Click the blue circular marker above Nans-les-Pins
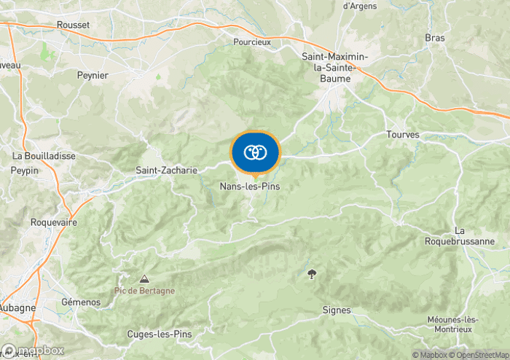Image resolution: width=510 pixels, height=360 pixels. tap(254, 152)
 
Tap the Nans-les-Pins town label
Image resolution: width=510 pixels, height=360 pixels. tap(250, 187)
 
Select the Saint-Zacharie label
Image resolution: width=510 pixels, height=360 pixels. tap(167, 171)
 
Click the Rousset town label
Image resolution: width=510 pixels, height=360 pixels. tap(73, 25)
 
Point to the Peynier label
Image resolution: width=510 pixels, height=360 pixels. tap(93, 75)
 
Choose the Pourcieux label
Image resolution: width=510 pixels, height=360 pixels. tap(252, 42)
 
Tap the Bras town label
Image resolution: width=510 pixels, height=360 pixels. tap(434, 37)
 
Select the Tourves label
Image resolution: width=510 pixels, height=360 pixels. tap(402, 135)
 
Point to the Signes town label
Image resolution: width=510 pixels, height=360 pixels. tap(337, 310)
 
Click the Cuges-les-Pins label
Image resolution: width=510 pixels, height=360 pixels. tap(158, 334)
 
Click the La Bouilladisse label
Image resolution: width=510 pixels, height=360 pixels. tap(39, 156)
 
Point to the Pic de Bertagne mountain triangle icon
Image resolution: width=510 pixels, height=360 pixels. tap(144, 279)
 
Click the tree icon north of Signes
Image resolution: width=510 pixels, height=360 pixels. tap(313, 274)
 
